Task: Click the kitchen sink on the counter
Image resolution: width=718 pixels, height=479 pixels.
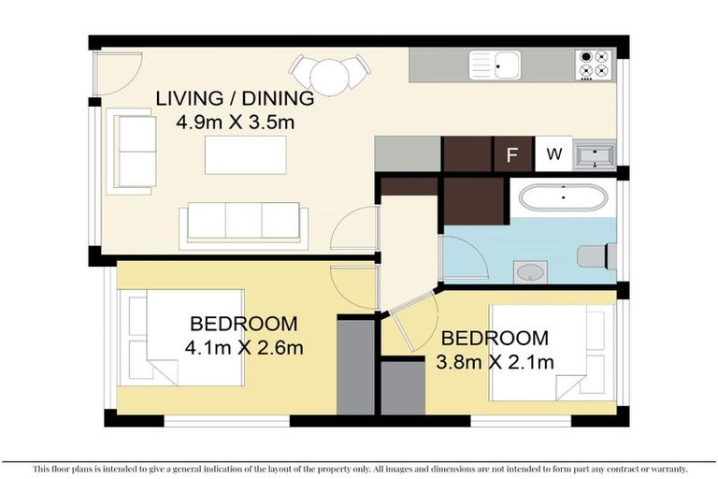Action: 495,65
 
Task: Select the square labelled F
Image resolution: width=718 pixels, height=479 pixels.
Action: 514,154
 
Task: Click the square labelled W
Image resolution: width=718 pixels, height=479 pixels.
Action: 553,154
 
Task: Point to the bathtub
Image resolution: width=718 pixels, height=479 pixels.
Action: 563,197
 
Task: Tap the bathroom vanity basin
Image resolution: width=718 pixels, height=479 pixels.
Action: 530,272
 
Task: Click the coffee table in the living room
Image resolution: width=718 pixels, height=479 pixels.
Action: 246,155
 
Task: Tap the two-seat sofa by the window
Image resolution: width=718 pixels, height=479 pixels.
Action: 132,152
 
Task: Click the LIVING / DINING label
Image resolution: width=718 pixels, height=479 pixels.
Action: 235,98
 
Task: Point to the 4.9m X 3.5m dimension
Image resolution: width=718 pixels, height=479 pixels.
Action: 235,123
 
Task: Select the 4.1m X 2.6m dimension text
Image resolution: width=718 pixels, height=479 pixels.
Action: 244,348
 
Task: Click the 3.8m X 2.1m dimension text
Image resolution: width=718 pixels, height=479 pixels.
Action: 495,363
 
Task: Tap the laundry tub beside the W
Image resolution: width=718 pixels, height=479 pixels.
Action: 595,155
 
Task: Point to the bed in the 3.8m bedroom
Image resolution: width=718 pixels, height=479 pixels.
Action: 552,353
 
